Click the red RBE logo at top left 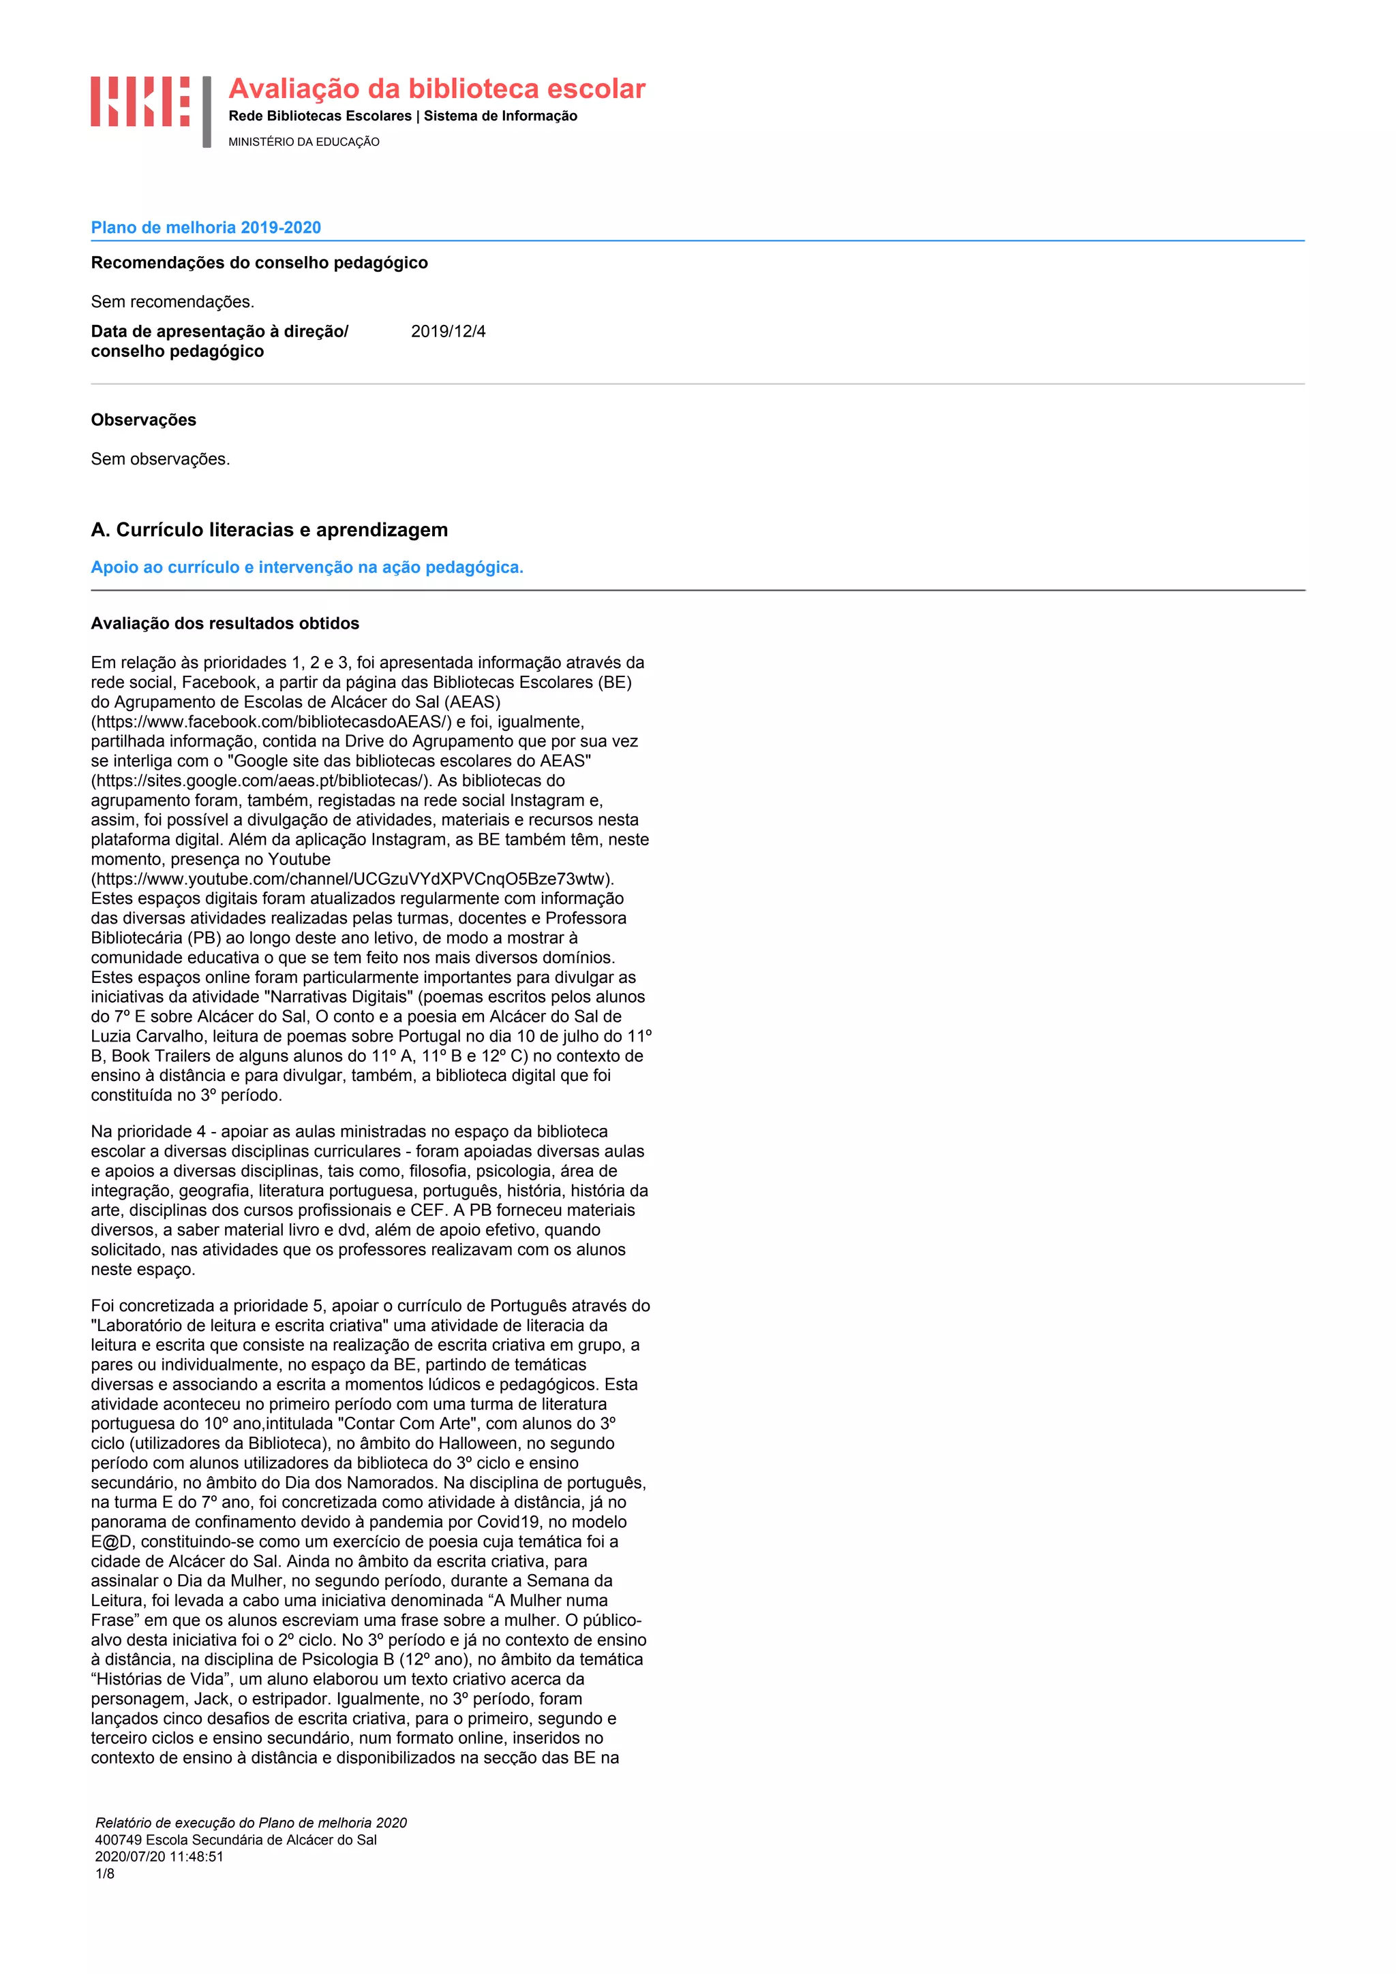(140, 101)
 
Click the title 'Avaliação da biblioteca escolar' (436, 89)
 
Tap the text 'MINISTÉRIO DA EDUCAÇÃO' (303, 142)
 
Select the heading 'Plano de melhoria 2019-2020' (206, 228)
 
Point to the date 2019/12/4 (448, 332)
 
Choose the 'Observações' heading (144, 420)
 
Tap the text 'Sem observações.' (161, 459)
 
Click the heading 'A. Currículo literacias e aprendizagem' (269, 530)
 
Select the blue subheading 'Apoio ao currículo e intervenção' (307, 567)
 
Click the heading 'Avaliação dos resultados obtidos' (226, 623)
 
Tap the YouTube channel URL (352, 879)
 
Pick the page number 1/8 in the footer (104, 1873)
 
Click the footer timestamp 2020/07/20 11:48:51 (159, 1856)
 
